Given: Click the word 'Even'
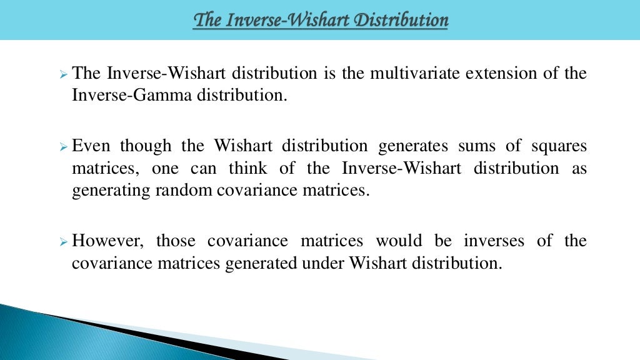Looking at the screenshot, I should (91, 146).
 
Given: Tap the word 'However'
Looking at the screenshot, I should (109, 241).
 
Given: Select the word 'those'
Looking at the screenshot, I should (177, 241).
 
